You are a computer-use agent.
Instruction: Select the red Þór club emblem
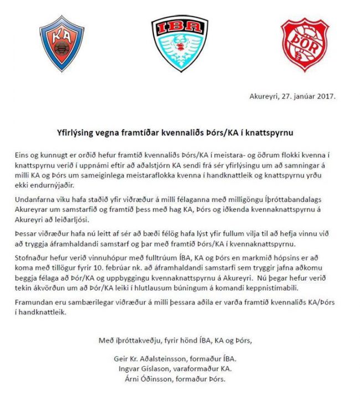(x=300, y=43)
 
